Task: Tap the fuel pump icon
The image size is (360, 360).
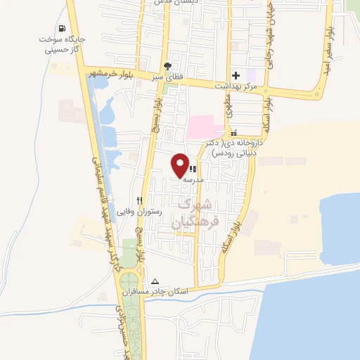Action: pyautogui.click(x=63, y=29)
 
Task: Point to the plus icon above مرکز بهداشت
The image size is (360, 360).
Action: pyautogui.click(x=236, y=75)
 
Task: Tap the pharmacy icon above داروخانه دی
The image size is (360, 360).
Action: pyautogui.click(x=234, y=132)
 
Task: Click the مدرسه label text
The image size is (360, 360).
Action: pyautogui.click(x=193, y=180)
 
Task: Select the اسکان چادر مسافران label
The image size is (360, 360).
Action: pyautogui.click(x=148, y=291)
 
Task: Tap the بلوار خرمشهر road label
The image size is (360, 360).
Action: pyautogui.click(x=111, y=73)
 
